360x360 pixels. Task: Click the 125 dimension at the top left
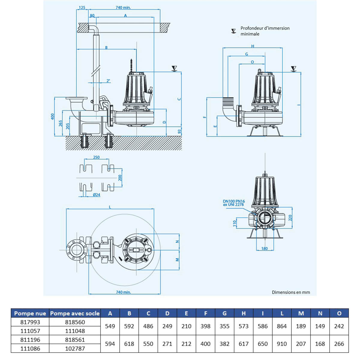(x=82, y=7)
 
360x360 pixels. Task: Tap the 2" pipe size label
(x=108, y=81)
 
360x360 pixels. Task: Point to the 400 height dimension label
(x=53, y=116)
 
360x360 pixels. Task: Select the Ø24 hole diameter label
(x=96, y=195)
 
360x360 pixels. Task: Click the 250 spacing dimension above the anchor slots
(x=96, y=157)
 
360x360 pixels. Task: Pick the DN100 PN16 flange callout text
(x=234, y=203)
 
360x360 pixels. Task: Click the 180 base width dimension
(x=264, y=248)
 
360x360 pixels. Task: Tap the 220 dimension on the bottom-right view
(x=290, y=217)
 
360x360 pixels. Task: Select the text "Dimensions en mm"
(x=291, y=292)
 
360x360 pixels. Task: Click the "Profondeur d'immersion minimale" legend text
(x=265, y=31)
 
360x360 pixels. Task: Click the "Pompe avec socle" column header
(x=75, y=313)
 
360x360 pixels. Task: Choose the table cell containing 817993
(x=30, y=322)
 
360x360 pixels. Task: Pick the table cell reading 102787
(x=75, y=349)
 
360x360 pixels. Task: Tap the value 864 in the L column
(x=282, y=326)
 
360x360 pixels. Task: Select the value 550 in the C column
(x=148, y=344)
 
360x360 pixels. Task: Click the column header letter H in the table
(x=243, y=313)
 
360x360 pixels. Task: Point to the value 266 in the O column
(x=339, y=344)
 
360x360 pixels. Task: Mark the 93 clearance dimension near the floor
(x=179, y=131)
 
